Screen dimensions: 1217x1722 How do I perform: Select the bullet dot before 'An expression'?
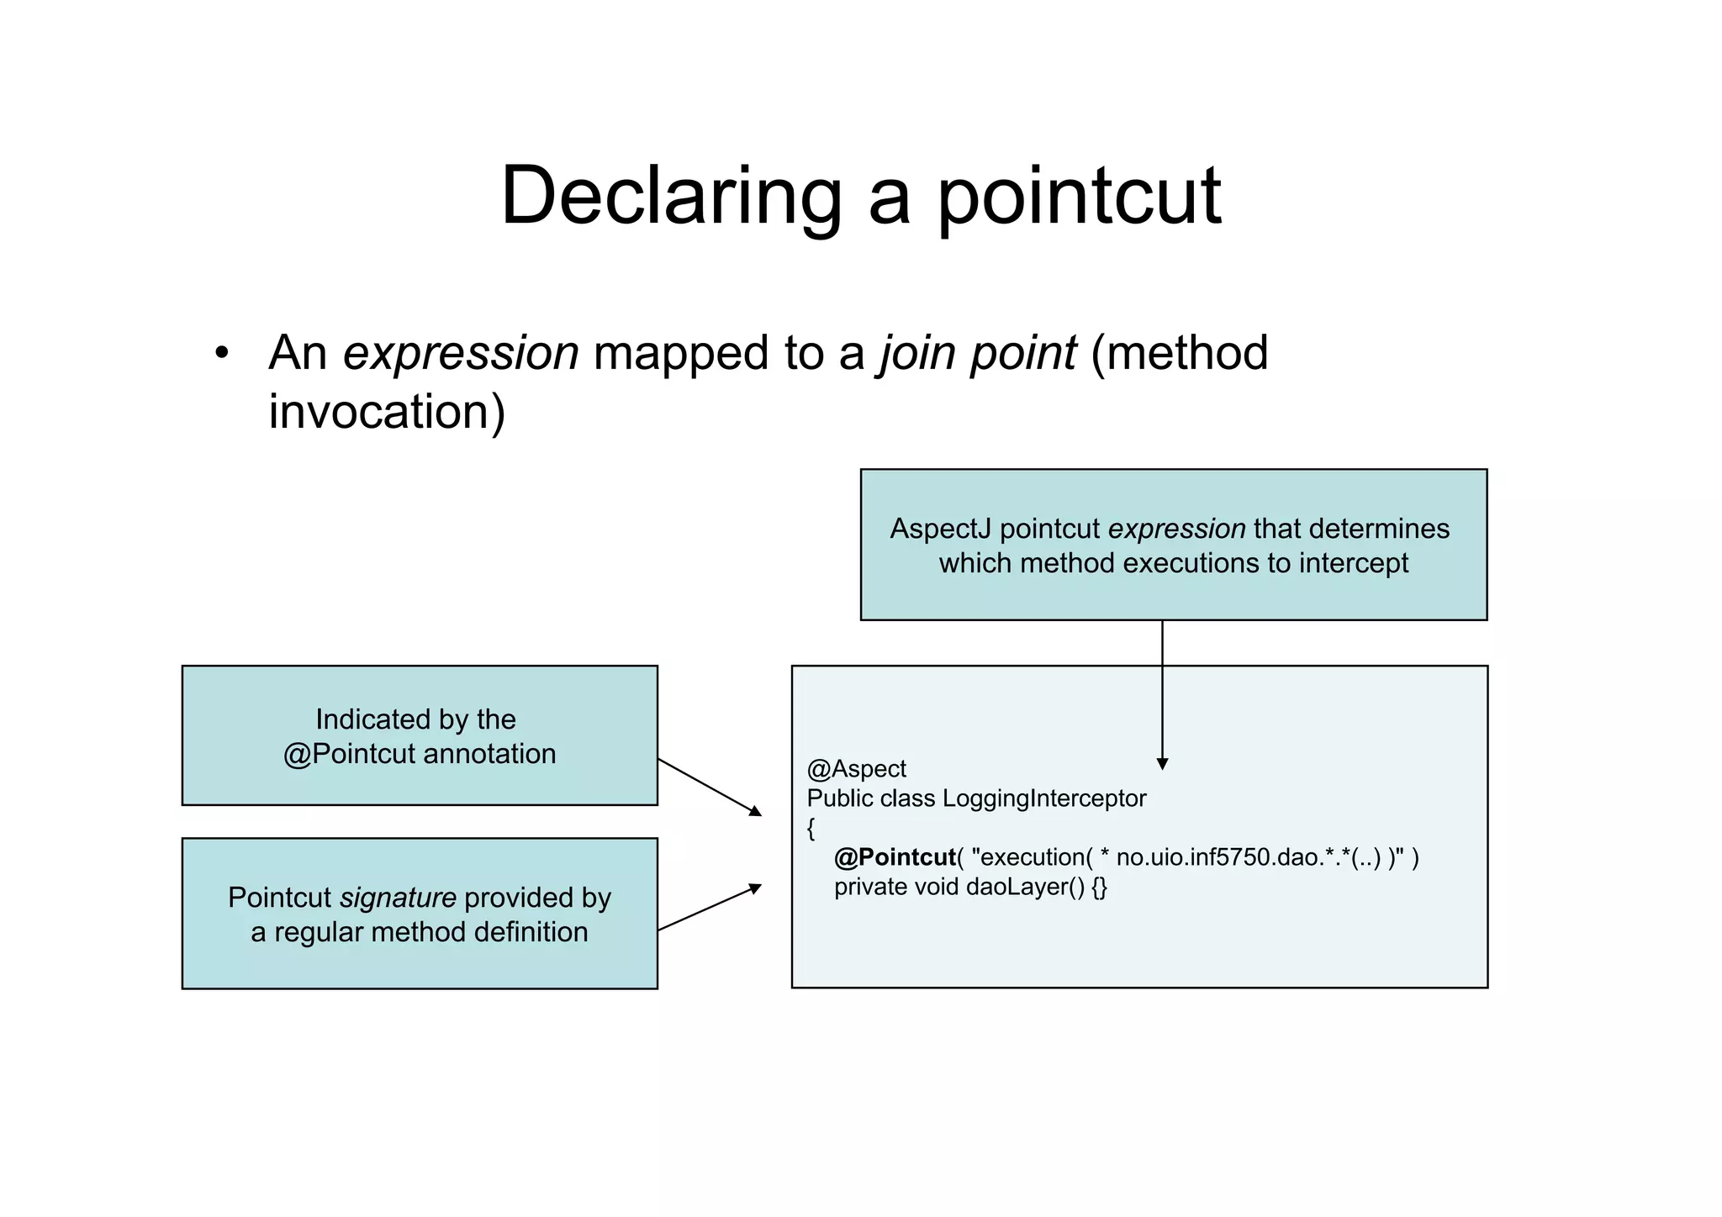(221, 353)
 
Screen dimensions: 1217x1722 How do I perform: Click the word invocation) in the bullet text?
(387, 412)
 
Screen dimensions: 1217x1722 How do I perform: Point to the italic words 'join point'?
(978, 353)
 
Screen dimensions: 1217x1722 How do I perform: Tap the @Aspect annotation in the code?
(856, 769)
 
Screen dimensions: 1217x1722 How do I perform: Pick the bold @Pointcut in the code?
(895, 857)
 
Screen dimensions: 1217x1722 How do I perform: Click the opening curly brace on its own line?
(811, 829)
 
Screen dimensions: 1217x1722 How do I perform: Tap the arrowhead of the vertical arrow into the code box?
(1162, 764)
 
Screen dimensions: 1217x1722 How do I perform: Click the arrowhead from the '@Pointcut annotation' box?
(756, 811)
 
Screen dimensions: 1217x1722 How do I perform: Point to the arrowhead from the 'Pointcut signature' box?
(756, 888)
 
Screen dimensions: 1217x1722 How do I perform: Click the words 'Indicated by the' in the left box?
(415, 719)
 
